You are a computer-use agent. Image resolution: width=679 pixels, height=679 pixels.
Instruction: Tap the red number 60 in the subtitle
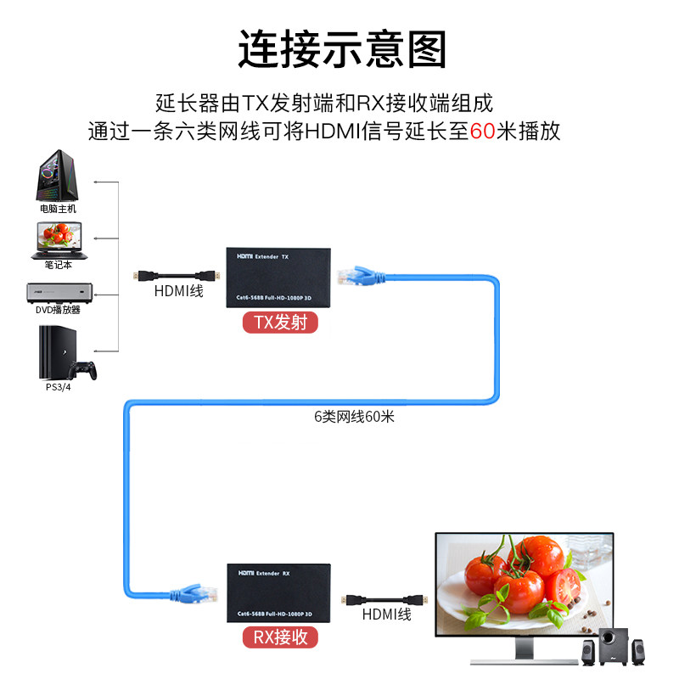pos(482,132)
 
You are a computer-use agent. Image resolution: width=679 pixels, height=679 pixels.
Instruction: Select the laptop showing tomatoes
pos(60,240)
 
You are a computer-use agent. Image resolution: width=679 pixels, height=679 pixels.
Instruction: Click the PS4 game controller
pos(82,369)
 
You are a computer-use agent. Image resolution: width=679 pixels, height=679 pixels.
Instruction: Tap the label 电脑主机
pos(58,208)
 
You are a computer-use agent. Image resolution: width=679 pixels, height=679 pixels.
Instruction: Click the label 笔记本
pos(59,265)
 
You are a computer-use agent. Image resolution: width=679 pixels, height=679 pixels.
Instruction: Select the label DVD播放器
pos(58,310)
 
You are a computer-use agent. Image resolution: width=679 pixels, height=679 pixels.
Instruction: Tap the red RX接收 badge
pos(281,637)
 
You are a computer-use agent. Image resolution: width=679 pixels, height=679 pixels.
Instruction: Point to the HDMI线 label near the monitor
pos(386,614)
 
